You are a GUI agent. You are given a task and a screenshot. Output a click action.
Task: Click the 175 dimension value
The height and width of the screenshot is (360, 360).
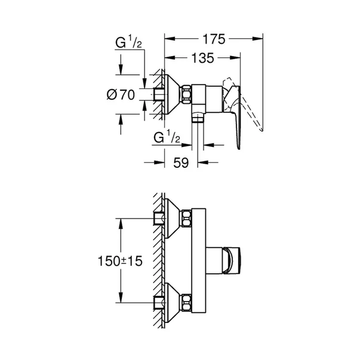pos(213,39)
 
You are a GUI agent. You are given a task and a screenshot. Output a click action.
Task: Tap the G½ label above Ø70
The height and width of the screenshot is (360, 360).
pos(128,42)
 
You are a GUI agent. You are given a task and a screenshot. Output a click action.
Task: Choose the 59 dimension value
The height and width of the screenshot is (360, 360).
pos(182,162)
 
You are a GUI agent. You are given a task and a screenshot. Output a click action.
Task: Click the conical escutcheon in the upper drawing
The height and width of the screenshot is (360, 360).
pos(173,94)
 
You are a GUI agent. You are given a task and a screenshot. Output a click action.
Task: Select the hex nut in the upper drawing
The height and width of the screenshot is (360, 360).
pos(187,94)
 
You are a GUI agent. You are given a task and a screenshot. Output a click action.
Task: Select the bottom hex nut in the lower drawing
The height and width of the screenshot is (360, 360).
pos(187,301)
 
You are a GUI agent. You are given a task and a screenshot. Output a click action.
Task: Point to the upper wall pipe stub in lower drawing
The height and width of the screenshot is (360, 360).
pos(159,217)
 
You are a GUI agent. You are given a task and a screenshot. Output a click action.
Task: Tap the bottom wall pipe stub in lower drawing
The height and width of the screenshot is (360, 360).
pos(159,301)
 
